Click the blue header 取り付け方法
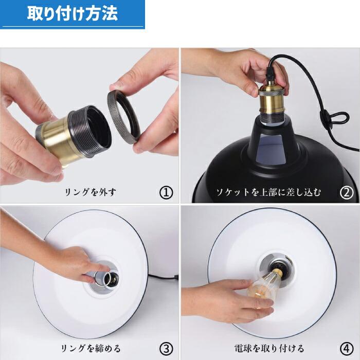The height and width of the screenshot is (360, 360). pyautogui.click(x=72, y=14)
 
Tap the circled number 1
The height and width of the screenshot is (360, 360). pyautogui.click(x=166, y=192)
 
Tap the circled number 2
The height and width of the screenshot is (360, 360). pyautogui.click(x=347, y=192)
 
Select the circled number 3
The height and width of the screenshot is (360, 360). pyautogui.click(x=166, y=348)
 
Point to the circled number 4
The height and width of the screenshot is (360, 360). pyautogui.click(x=347, y=348)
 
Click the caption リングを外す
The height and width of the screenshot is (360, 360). pyautogui.click(x=90, y=193)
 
